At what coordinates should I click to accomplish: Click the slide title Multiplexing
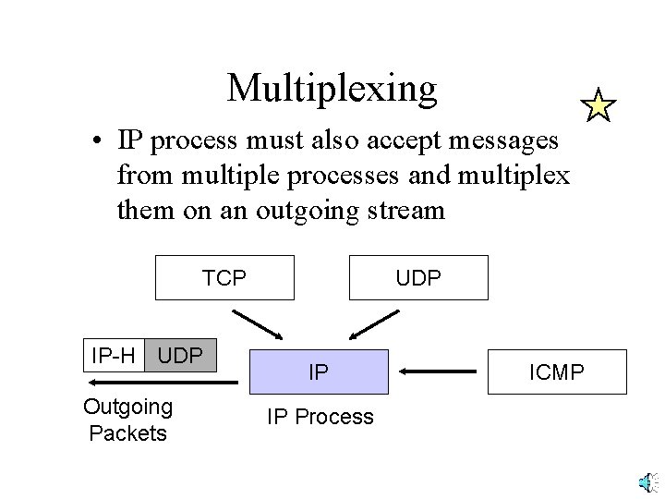click(332, 88)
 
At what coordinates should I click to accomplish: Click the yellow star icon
click(598, 106)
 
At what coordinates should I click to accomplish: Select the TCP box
click(224, 277)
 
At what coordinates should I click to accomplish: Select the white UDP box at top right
click(418, 277)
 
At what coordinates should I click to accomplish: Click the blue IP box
click(318, 373)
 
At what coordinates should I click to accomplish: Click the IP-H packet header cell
click(114, 353)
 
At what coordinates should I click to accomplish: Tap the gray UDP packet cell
click(181, 353)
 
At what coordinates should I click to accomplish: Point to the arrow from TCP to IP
click(260, 324)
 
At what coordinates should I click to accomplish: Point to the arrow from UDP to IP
click(370, 324)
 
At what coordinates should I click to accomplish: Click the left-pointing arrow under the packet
click(148, 381)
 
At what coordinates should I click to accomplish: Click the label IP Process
click(320, 417)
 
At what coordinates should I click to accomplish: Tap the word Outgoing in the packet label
click(127, 407)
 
